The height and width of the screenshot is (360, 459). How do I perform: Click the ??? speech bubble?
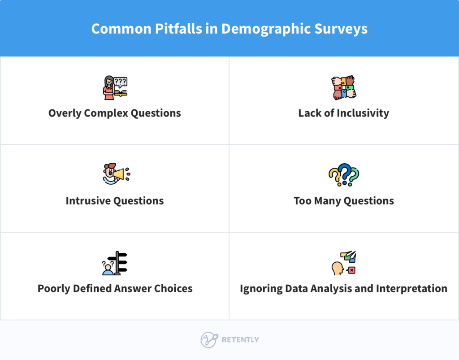point(121,82)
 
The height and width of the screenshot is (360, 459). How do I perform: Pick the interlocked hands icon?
point(344,88)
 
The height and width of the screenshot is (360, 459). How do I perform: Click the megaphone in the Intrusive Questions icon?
point(118,173)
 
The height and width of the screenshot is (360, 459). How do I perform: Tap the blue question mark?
point(344,173)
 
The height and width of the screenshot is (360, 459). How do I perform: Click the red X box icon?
point(351,270)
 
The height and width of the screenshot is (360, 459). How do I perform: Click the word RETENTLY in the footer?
point(240,340)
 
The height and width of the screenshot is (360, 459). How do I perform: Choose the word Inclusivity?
point(363,113)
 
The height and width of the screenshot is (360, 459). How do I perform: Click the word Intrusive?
point(88,201)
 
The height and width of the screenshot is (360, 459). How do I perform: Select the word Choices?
point(173,289)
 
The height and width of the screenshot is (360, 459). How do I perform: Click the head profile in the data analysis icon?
point(337,269)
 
